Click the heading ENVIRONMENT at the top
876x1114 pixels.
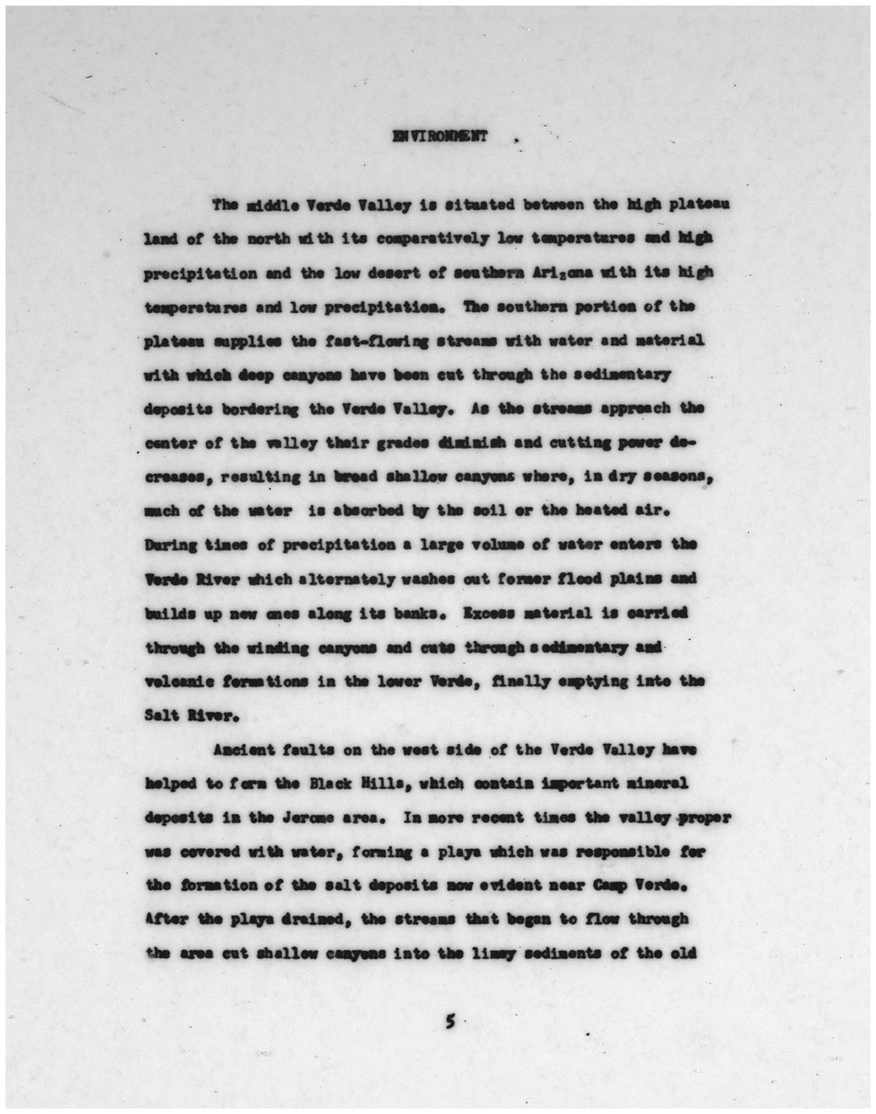pos(440,136)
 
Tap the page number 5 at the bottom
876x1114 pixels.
pos(450,1022)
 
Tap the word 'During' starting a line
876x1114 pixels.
pos(171,544)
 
